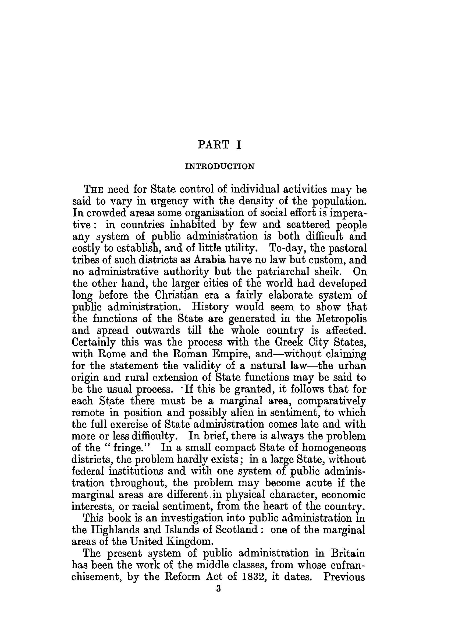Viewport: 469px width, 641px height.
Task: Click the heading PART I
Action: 219,145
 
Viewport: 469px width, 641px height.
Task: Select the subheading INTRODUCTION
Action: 219,166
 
